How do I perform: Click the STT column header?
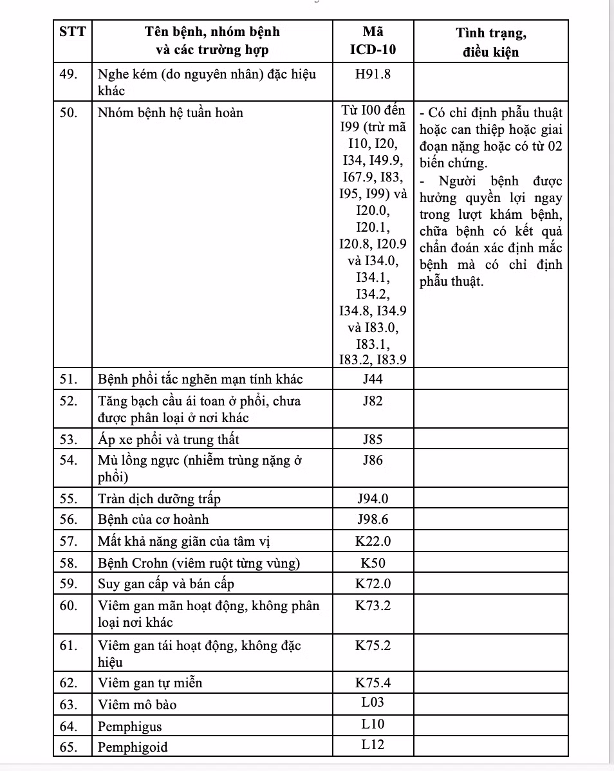pyautogui.click(x=72, y=32)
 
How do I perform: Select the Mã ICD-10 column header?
pyautogui.click(x=373, y=40)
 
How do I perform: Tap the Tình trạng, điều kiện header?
pyautogui.click(x=490, y=42)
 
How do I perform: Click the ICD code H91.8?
pyautogui.click(x=373, y=73)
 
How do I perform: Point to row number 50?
pyautogui.click(x=70, y=113)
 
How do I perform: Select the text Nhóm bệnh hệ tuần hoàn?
pyautogui.click(x=171, y=113)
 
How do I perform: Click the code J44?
pyautogui.click(x=373, y=378)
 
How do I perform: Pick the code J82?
pyautogui.click(x=373, y=401)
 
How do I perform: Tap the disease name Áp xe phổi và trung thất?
pyautogui.click(x=168, y=440)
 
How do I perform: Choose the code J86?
pyautogui.click(x=373, y=460)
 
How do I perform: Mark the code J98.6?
pyautogui.click(x=373, y=519)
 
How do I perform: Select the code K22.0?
pyautogui.click(x=373, y=541)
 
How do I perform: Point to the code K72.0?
pyautogui.click(x=373, y=584)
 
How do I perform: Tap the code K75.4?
pyautogui.click(x=373, y=682)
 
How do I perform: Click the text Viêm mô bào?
pyautogui.click(x=137, y=704)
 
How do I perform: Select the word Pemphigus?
pyautogui.click(x=130, y=727)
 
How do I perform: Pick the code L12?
pyautogui.click(x=373, y=745)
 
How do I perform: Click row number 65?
pyautogui.click(x=70, y=747)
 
